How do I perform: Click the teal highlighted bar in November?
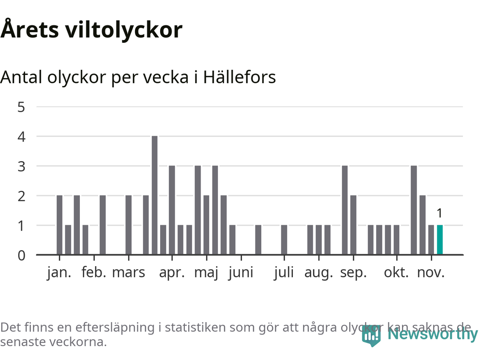440,240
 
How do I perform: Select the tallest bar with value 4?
154,195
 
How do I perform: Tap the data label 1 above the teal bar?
439,213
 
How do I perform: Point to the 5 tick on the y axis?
21,107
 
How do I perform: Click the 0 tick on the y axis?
21,255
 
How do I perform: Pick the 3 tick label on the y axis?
21,166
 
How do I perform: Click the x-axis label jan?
59,272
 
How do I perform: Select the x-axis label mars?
129,272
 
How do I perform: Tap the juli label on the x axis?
284,272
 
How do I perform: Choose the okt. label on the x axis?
396,272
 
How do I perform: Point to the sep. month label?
353,272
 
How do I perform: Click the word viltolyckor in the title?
124,30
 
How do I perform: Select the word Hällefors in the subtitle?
239,77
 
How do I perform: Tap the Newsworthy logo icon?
371,336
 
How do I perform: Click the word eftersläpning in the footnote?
115,327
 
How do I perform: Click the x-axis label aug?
319,272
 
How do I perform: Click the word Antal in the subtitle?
21,77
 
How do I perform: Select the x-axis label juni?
241,272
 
